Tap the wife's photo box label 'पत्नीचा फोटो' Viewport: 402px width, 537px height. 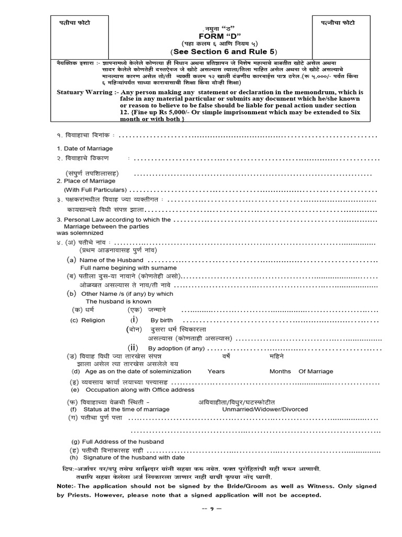click(x=337, y=23)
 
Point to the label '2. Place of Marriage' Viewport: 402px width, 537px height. click(x=86, y=181)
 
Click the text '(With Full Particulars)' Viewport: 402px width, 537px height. click(x=95, y=190)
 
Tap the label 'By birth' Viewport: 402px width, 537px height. click(x=161, y=320)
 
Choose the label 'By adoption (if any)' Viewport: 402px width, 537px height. click(x=176, y=348)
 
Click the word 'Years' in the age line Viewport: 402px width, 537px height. click(x=216, y=371)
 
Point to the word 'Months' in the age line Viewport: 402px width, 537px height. click(x=280, y=371)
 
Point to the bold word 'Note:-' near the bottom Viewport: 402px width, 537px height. click(x=66, y=486)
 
